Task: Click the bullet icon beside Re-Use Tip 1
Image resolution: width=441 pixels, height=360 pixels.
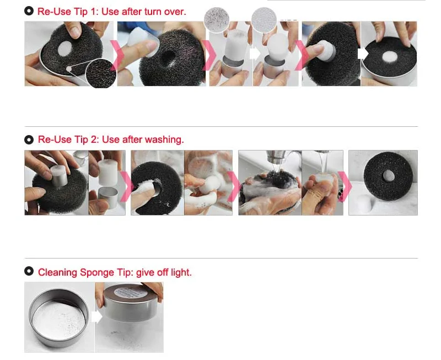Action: tap(29, 11)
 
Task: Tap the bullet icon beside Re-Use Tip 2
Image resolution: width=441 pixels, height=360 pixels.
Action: tap(29, 139)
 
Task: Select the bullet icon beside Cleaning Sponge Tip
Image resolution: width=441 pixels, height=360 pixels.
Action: tap(29, 271)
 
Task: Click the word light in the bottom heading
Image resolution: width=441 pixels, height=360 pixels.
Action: tap(181, 272)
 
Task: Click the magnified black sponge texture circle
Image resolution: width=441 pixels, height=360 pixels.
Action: tap(101, 73)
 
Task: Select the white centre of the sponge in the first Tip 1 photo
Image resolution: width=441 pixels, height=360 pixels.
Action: tap(65, 49)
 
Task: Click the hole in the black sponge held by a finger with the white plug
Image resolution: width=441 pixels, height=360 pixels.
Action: tap(168, 58)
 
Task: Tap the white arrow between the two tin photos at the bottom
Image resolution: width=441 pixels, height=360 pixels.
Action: tap(96, 317)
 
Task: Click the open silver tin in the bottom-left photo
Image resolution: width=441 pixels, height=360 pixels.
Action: tap(59, 318)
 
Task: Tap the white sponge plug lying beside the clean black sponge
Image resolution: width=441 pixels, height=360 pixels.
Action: tap(365, 203)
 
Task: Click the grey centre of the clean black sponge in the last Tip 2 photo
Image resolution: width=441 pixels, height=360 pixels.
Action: tap(389, 176)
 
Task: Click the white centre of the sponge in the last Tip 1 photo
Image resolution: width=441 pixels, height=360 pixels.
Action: tap(390, 56)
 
